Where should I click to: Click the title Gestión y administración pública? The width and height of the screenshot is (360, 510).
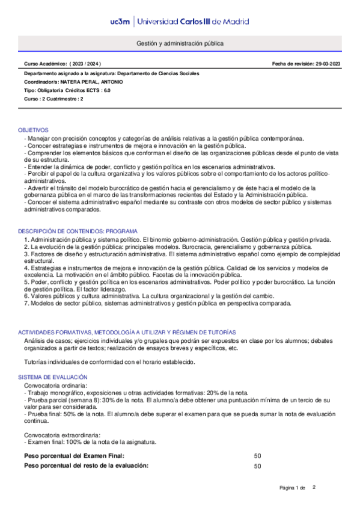click(180, 44)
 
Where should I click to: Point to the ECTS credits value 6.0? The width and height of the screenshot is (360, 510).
click(107, 90)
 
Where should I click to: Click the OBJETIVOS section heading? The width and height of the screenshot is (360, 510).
click(34, 130)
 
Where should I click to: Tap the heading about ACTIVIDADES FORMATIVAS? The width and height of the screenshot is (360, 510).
click(127, 333)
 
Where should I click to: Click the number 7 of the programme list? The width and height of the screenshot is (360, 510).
click(26, 304)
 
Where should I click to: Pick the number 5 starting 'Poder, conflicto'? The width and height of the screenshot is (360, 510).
click(26, 281)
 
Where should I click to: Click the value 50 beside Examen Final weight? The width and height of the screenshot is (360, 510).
click(258, 456)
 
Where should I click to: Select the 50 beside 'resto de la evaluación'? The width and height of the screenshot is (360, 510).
click(258, 466)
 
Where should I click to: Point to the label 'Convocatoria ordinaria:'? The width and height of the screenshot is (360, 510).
click(55, 384)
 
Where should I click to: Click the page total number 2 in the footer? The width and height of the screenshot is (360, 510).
click(314, 487)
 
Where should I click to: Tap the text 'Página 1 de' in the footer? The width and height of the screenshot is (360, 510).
click(293, 487)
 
